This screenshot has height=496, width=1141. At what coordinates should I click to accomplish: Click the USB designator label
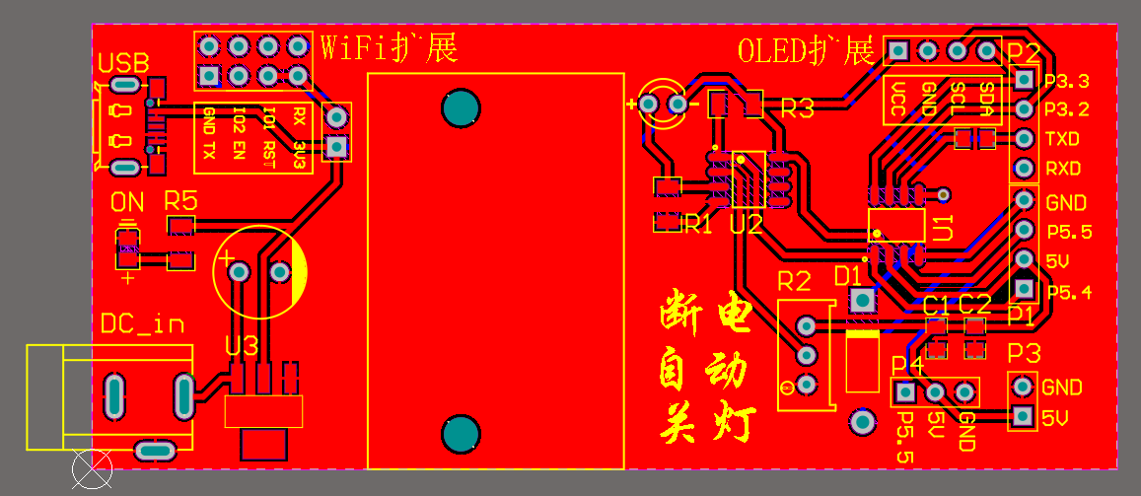[x=123, y=64]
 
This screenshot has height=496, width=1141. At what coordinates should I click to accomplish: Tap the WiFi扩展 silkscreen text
[x=390, y=46]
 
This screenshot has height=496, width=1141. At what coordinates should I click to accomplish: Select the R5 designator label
[x=181, y=201]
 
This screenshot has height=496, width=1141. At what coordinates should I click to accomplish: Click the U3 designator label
[x=242, y=346]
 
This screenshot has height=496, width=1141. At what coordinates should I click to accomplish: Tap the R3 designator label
[x=797, y=108]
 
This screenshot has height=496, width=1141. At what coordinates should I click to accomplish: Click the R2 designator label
[x=794, y=281]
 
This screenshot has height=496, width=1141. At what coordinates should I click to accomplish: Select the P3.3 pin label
[x=1066, y=81]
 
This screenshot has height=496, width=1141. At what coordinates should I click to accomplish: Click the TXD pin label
[x=1062, y=139]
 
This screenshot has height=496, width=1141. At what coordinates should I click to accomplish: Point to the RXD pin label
[x=1062, y=169]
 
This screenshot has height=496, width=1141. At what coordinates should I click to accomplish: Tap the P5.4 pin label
[x=1069, y=292]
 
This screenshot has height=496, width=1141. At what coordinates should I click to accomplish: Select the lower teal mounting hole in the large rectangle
[x=460, y=434]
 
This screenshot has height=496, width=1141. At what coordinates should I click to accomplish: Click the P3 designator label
[x=1024, y=353]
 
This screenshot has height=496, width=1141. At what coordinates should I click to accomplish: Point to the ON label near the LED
[x=127, y=203]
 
